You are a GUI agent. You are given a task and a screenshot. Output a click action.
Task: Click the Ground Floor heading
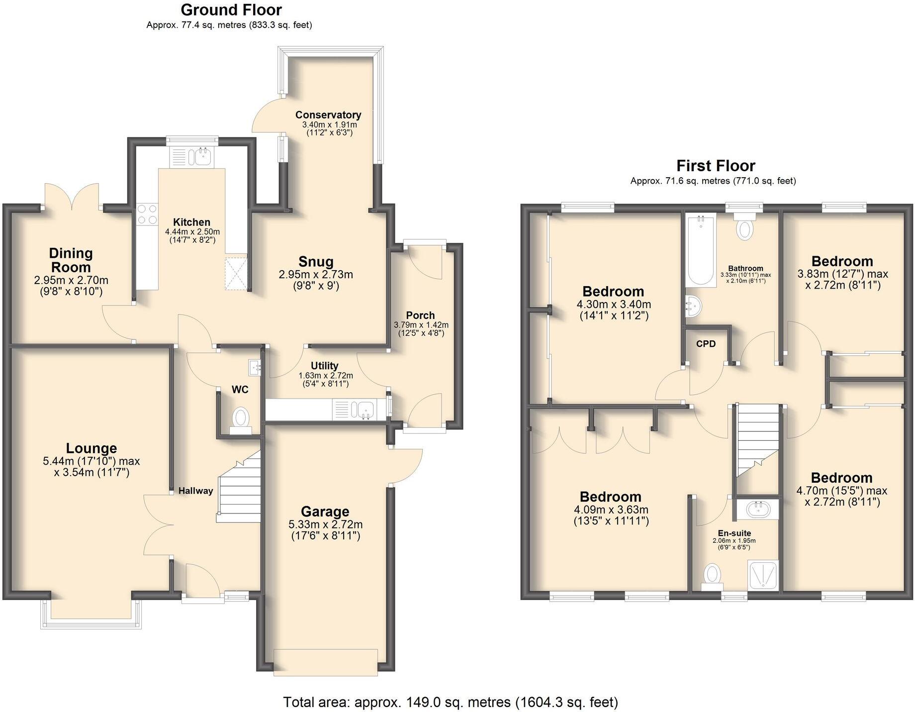[231, 10]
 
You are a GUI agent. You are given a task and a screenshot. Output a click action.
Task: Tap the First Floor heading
[715, 166]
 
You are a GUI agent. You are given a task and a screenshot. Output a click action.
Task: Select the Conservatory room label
[328, 115]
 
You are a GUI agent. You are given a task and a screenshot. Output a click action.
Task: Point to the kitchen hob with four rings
[147, 214]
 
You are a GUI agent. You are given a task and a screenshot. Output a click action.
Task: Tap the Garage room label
[325, 511]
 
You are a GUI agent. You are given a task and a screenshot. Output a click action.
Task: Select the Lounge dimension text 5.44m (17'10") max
[91, 461]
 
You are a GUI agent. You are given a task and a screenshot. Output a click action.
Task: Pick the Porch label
[420, 315]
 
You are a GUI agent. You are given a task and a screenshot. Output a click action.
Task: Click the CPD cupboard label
[706, 344]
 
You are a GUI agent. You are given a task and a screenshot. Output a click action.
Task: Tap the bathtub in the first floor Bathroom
[700, 251]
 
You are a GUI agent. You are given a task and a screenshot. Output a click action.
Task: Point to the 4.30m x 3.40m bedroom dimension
[614, 304]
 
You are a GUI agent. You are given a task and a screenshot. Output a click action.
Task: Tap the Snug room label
[316, 262]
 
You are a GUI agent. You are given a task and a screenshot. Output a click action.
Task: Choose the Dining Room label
[71, 260]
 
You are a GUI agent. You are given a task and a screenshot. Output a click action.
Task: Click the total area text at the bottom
[450, 702]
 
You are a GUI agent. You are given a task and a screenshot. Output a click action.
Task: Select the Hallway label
[196, 491]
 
